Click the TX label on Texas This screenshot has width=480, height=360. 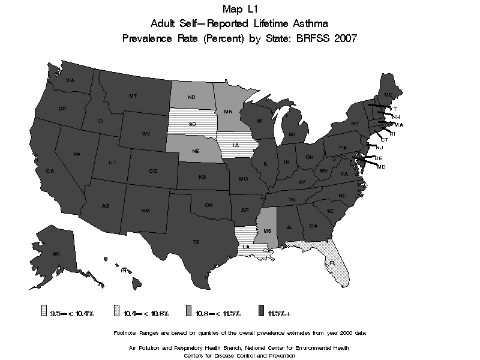tap(196, 242)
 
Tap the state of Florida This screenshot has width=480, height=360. tap(329, 262)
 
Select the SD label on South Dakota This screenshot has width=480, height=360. tap(192, 124)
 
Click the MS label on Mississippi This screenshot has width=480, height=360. tap(266, 231)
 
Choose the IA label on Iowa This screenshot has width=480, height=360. tap(236, 145)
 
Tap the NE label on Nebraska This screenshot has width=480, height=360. tap(196, 152)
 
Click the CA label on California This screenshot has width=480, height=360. tap(50, 171)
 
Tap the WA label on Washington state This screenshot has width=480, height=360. tap(70, 80)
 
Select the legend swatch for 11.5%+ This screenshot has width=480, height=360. tap(262, 313)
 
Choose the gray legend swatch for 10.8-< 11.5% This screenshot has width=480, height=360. tap(188, 313)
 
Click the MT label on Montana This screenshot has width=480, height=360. tap(133, 96)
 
